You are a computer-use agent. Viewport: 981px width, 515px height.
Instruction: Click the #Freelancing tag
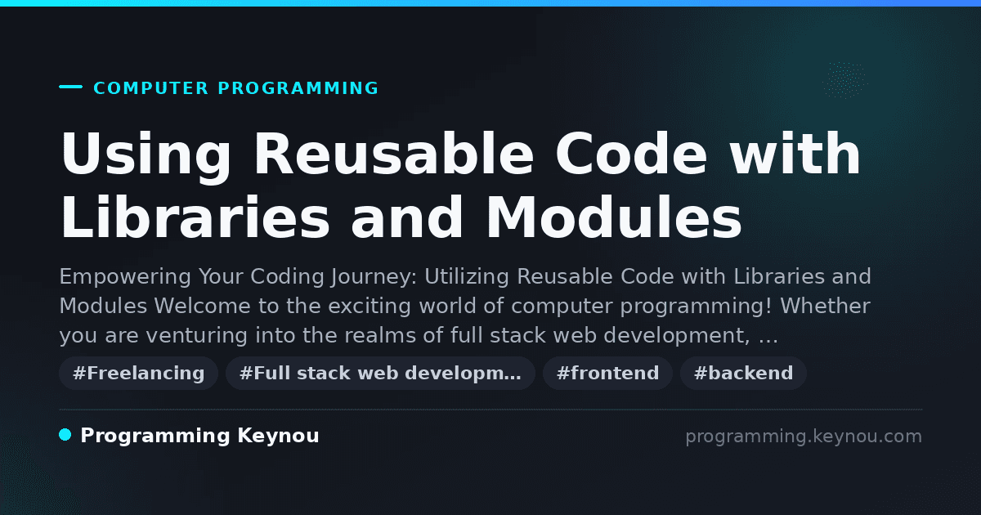(138, 373)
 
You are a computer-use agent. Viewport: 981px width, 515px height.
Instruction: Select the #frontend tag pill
(607, 373)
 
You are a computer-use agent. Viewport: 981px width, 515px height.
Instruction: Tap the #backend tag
(743, 373)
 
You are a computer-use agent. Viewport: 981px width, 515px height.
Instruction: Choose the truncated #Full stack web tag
(380, 373)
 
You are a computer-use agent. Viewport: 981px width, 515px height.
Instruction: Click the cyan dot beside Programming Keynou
(65, 435)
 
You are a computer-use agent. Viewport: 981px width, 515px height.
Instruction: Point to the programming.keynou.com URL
(804, 437)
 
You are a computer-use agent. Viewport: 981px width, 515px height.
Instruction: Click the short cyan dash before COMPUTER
(70, 87)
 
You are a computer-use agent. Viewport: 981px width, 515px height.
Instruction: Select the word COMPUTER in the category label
(151, 88)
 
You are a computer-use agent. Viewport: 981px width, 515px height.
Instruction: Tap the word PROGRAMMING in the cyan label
(298, 88)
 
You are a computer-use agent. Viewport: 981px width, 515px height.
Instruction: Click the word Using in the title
(146, 155)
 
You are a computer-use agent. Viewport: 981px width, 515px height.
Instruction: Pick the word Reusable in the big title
(394, 154)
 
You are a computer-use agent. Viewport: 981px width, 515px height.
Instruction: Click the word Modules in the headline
(614, 217)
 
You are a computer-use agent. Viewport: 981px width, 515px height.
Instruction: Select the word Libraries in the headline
(195, 217)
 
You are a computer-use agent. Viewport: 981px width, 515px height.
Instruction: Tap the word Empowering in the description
(125, 277)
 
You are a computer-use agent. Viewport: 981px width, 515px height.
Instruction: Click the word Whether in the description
(825, 306)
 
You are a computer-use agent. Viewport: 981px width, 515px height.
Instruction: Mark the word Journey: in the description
(374, 278)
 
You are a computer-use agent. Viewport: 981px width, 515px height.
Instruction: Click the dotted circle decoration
(845, 80)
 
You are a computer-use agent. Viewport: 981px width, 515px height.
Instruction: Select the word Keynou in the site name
(278, 436)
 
